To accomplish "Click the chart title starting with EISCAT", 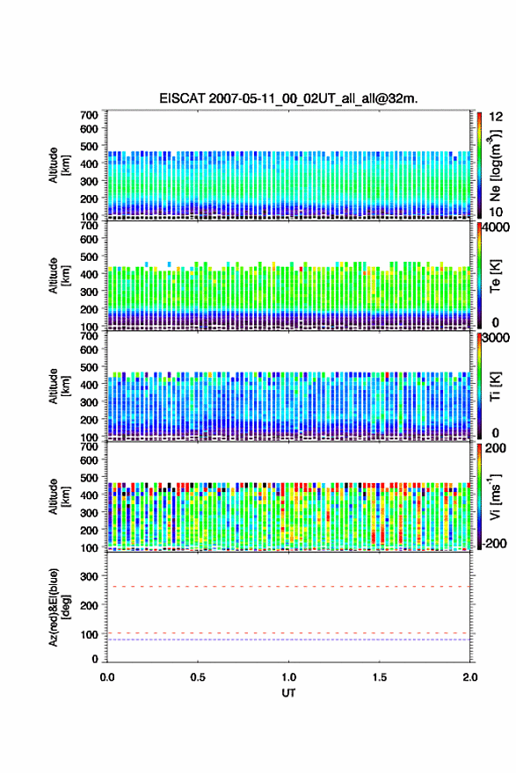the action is coord(288,98).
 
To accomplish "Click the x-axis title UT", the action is coord(288,693).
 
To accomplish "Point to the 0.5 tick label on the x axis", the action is coord(198,677).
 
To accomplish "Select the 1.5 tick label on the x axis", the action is coord(380,677).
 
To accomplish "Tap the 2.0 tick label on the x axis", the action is coord(470,677).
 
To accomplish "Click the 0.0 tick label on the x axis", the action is coord(107,677).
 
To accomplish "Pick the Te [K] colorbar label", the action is coord(495,276).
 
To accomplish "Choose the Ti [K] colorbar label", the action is coord(495,386).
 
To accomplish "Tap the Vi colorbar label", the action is coord(495,496).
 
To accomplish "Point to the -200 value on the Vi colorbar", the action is coord(494,543).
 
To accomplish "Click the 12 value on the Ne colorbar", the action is coord(496,117).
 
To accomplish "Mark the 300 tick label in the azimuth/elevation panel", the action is coord(90,576).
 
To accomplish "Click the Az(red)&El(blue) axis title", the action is coord(59,607).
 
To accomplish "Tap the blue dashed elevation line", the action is coord(288,639).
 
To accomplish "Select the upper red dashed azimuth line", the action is coord(288,587).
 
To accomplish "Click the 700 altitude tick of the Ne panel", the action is coord(90,115).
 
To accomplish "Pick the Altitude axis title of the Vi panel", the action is coord(59,496).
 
